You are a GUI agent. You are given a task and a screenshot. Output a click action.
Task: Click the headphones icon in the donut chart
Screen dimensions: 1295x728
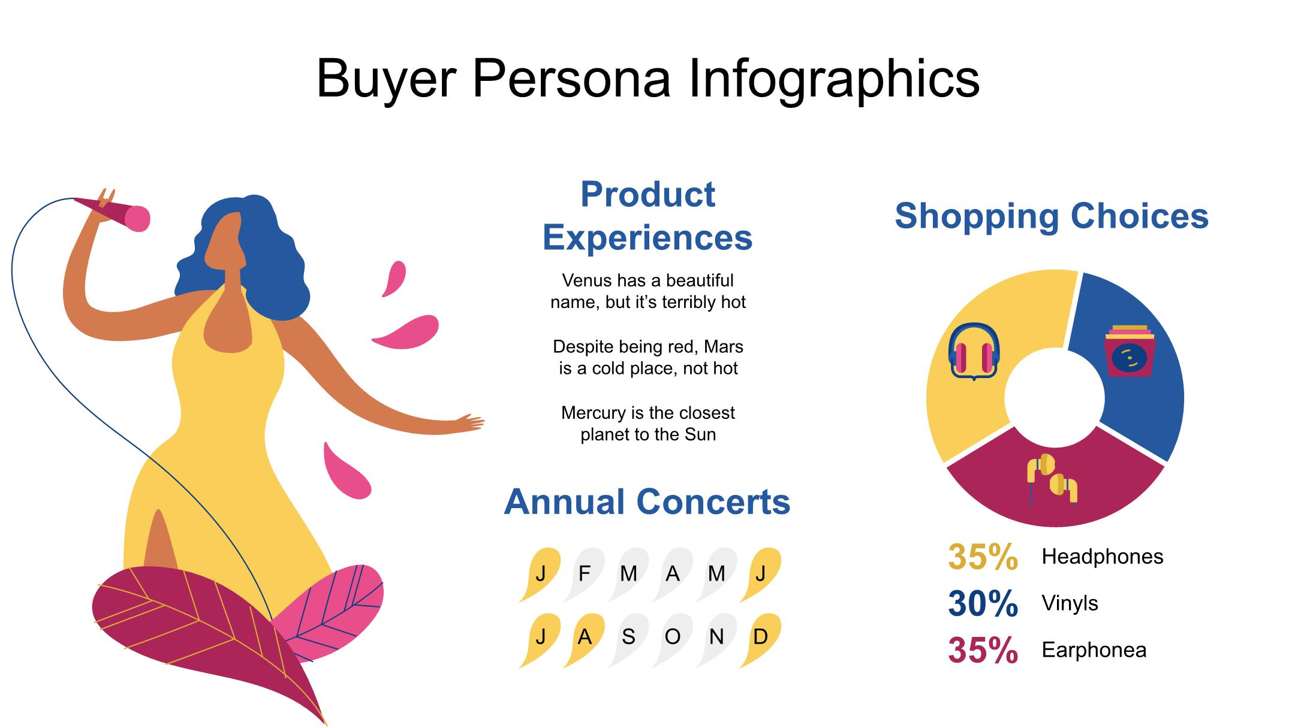click(974, 352)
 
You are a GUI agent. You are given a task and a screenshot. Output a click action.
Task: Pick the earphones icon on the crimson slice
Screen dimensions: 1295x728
click(1052, 479)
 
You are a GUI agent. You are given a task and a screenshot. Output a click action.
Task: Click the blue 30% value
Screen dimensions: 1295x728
click(983, 603)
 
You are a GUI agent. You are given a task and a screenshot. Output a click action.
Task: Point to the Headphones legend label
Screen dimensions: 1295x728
click(1102, 557)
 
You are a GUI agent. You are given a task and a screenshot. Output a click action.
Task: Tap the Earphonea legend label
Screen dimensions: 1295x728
click(1094, 650)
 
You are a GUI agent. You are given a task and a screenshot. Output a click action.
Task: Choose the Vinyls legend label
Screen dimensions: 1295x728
click(1070, 603)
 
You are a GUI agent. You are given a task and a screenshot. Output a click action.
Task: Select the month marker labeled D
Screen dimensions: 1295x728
click(761, 638)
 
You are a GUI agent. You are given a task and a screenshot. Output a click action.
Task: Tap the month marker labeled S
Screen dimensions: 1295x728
click(628, 638)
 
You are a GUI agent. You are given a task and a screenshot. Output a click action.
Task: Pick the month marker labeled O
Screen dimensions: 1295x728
click(673, 638)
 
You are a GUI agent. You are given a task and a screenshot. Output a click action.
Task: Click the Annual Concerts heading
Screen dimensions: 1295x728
click(647, 502)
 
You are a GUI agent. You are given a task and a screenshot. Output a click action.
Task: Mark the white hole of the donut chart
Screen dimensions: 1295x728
click(1055, 398)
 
